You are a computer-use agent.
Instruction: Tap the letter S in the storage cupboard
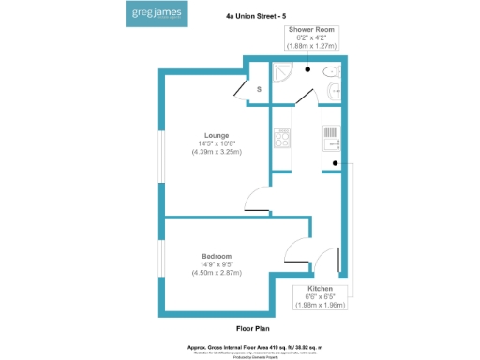[260, 88]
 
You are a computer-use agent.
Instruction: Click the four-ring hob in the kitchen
[280, 139]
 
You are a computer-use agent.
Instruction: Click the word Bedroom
[216, 256]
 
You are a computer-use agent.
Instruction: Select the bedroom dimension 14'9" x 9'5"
[216, 264]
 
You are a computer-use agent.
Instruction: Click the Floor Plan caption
[253, 329]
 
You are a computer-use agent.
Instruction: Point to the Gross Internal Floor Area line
[253, 344]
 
